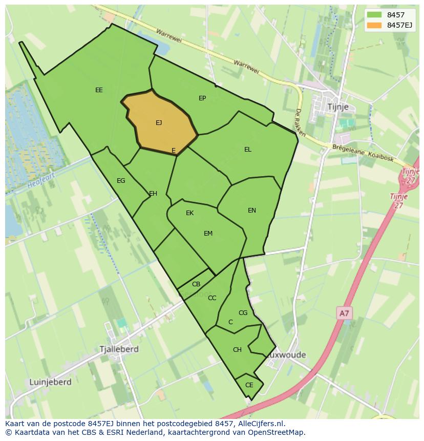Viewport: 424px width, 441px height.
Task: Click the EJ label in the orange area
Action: point(159,123)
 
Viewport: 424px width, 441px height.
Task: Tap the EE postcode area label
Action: point(99,90)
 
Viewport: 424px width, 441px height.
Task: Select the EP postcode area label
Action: point(202,98)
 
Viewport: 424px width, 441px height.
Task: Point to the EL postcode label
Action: point(248,150)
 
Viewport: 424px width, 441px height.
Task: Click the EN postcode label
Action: point(252,211)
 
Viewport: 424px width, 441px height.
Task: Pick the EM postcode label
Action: point(208,234)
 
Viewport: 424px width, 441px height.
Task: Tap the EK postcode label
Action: point(190,213)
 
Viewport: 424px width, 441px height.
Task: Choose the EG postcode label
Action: point(121,181)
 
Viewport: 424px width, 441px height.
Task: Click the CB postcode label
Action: point(196,284)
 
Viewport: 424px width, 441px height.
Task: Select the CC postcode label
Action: point(212,298)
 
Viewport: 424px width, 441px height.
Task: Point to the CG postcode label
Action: point(243,313)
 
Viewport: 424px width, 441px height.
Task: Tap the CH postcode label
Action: point(237,350)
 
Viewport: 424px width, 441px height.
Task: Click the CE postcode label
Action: point(249,385)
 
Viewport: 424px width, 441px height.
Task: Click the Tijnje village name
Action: point(337,107)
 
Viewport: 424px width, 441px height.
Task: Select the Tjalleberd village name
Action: point(119,349)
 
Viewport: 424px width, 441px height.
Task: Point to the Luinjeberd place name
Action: point(49,382)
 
